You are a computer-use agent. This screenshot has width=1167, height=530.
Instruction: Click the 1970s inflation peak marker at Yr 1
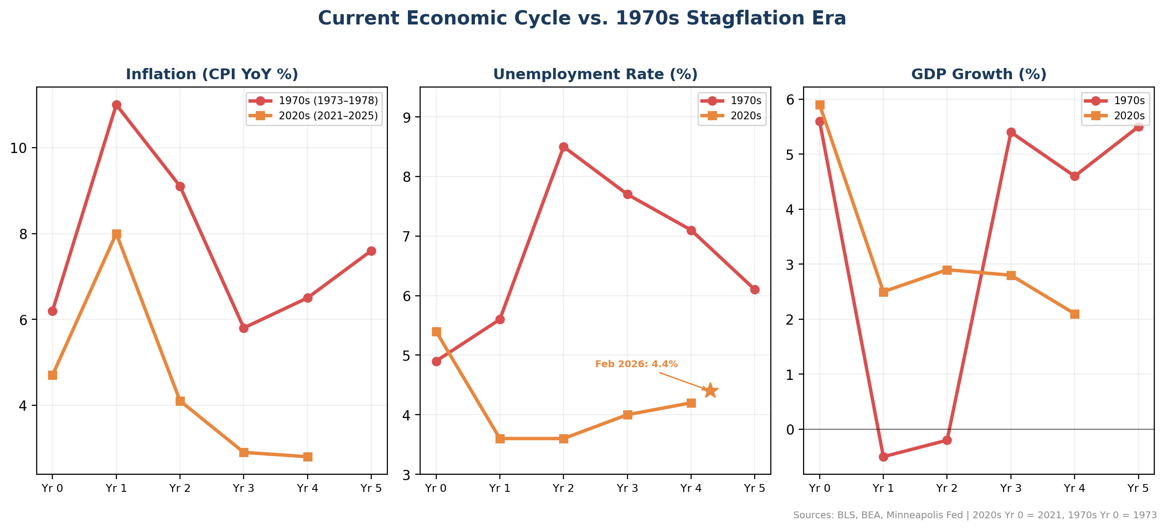[116, 105]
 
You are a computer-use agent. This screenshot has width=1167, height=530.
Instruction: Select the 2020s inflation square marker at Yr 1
[116, 234]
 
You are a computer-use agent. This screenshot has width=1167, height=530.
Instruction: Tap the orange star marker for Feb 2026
[711, 391]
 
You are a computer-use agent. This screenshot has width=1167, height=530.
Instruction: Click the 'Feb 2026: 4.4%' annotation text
[636, 364]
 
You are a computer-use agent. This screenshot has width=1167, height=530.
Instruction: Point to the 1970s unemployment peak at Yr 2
[563, 147]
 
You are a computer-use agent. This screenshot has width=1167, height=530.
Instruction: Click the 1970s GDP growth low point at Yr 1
[883, 457]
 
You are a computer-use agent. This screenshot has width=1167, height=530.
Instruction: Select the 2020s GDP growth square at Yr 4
[1075, 314]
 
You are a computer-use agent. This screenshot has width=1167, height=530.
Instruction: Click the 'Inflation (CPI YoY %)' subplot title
[212, 74]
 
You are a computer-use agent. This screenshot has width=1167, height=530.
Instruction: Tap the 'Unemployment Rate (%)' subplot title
[595, 74]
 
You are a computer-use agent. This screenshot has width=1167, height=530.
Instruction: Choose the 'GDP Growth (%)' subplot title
[979, 74]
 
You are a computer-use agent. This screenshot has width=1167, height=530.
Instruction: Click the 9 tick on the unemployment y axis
[407, 117]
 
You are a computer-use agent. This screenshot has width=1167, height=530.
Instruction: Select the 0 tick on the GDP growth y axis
[791, 430]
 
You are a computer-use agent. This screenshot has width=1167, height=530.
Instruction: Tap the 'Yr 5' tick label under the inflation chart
[371, 488]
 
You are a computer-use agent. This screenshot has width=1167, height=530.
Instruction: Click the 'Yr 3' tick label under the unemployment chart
[627, 488]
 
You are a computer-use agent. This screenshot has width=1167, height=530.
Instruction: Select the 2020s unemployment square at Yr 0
[436, 332]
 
